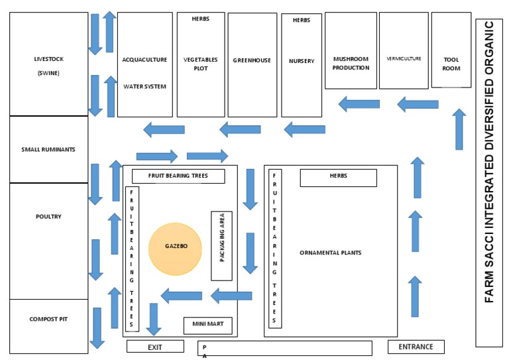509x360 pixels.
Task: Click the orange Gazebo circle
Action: (175, 249)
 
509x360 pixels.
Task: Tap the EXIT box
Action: (155, 346)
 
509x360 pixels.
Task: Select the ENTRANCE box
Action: (416, 347)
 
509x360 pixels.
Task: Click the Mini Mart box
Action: (207, 326)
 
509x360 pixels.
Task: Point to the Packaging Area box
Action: (222, 246)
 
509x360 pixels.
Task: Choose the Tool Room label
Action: (451, 64)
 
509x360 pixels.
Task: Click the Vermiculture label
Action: (404, 59)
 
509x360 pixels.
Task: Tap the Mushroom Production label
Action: (351, 63)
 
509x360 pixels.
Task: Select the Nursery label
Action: (302, 61)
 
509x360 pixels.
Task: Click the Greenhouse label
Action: (252, 60)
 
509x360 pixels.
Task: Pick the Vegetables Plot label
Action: (201, 64)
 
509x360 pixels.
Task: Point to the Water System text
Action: (144, 87)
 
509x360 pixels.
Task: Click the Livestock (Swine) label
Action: (48, 66)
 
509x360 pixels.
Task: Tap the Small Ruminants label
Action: (48, 150)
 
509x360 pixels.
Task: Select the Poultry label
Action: (48, 217)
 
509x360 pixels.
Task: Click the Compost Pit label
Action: (48, 319)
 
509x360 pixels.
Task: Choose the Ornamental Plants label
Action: (331, 253)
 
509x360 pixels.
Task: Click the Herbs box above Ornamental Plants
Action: (338, 178)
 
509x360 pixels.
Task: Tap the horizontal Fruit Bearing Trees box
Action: (178, 176)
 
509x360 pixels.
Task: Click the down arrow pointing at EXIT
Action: (154, 320)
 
